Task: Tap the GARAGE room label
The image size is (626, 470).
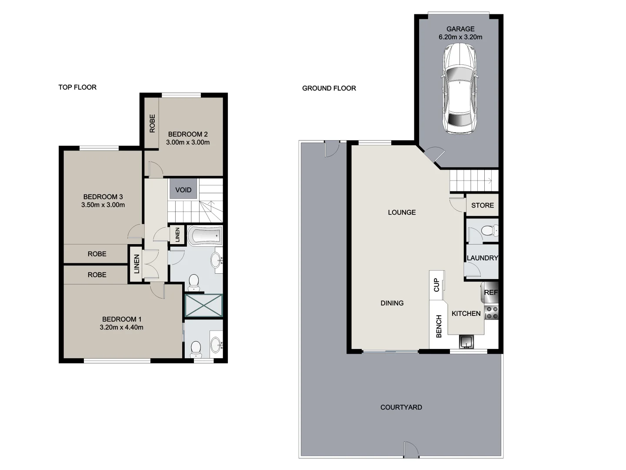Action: pyautogui.click(x=460, y=29)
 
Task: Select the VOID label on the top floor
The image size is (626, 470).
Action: pyautogui.click(x=183, y=190)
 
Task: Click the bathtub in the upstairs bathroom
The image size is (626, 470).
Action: pyautogui.click(x=205, y=236)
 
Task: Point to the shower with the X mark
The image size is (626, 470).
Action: pyautogui.click(x=203, y=305)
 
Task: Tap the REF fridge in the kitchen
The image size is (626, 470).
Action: pyautogui.click(x=490, y=292)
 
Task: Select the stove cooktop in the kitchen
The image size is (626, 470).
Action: pyautogui.click(x=491, y=312)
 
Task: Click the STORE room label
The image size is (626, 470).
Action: pyautogui.click(x=482, y=205)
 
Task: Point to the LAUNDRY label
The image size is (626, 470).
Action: pyautogui.click(x=482, y=258)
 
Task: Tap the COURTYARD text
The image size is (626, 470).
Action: pyautogui.click(x=401, y=407)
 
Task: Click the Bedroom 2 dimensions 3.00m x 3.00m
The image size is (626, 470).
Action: pyautogui.click(x=188, y=142)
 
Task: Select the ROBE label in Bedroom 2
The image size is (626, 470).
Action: pyautogui.click(x=152, y=123)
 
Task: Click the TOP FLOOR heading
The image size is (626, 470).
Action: pyautogui.click(x=77, y=87)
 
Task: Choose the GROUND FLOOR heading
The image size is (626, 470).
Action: pyautogui.click(x=329, y=88)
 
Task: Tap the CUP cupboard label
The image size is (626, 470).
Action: pyautogui.click(x=436, y=285)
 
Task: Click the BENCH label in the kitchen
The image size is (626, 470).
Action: pyautogui.click(x=439, y=326)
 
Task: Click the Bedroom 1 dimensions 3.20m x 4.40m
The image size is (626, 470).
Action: pyautogui.click(x=121, y=327)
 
